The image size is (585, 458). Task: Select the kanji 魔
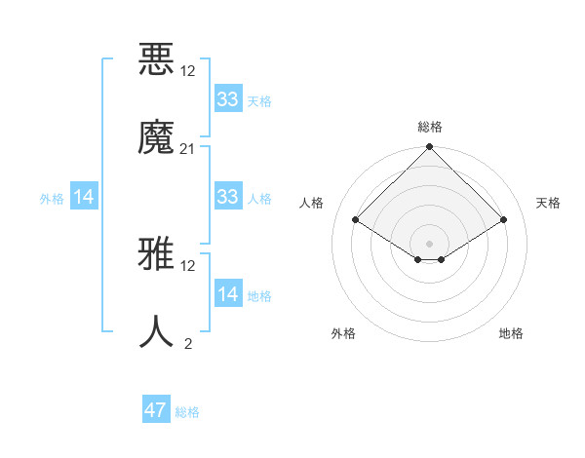click(157, 137)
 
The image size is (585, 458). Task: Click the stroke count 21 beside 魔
click(188, 148)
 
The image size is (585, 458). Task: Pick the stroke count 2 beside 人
click(188, 343)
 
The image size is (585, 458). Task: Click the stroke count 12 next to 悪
click(188, 71)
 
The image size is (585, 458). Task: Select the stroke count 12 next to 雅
click(188, 265)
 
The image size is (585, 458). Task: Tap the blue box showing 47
click(156, 410)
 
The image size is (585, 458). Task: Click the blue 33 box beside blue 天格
click(228, 99)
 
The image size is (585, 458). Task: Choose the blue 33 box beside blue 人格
click(228, 197)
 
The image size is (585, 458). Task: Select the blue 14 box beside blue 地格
click(228, 294)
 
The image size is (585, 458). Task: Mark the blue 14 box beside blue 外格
click(84, 197)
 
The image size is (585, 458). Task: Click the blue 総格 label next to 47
click(187, 412)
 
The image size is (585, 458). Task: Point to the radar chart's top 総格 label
click(430, 127)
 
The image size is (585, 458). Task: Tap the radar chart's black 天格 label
click(548, 203)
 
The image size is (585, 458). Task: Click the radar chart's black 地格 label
click(511, 333)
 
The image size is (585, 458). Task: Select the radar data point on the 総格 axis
click(430, 147)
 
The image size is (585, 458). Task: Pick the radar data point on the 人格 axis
click(356, 220)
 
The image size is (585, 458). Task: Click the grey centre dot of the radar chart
click(430, 243)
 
